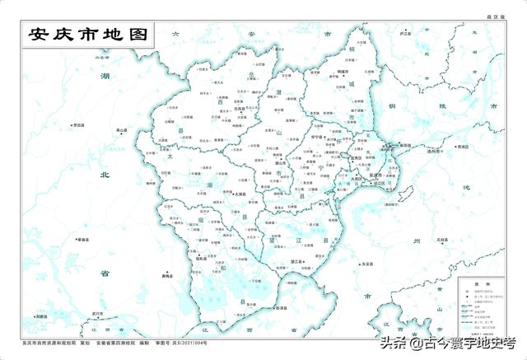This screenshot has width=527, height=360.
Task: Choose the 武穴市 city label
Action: point(97,313)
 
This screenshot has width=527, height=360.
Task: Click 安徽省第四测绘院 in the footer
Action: point(115,342)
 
